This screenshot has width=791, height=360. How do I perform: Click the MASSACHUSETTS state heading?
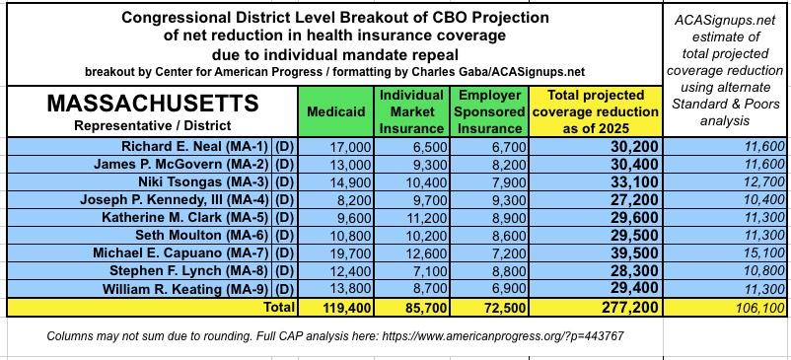(152, 104)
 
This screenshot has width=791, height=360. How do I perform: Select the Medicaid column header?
(336, 111)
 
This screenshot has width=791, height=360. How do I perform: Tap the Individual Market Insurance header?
(411, 111)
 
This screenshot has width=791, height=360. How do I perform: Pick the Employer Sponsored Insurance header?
(489, 111)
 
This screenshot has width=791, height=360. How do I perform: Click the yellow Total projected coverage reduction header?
(596, 111)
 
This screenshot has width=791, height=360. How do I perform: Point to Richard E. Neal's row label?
(196, 146)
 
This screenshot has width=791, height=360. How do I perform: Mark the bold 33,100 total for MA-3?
(630, 181)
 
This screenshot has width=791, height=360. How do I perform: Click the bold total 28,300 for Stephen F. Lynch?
(630, 271)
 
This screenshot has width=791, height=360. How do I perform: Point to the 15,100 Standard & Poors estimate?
(765, 253)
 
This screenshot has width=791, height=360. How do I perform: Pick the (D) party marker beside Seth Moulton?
(284, 235)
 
